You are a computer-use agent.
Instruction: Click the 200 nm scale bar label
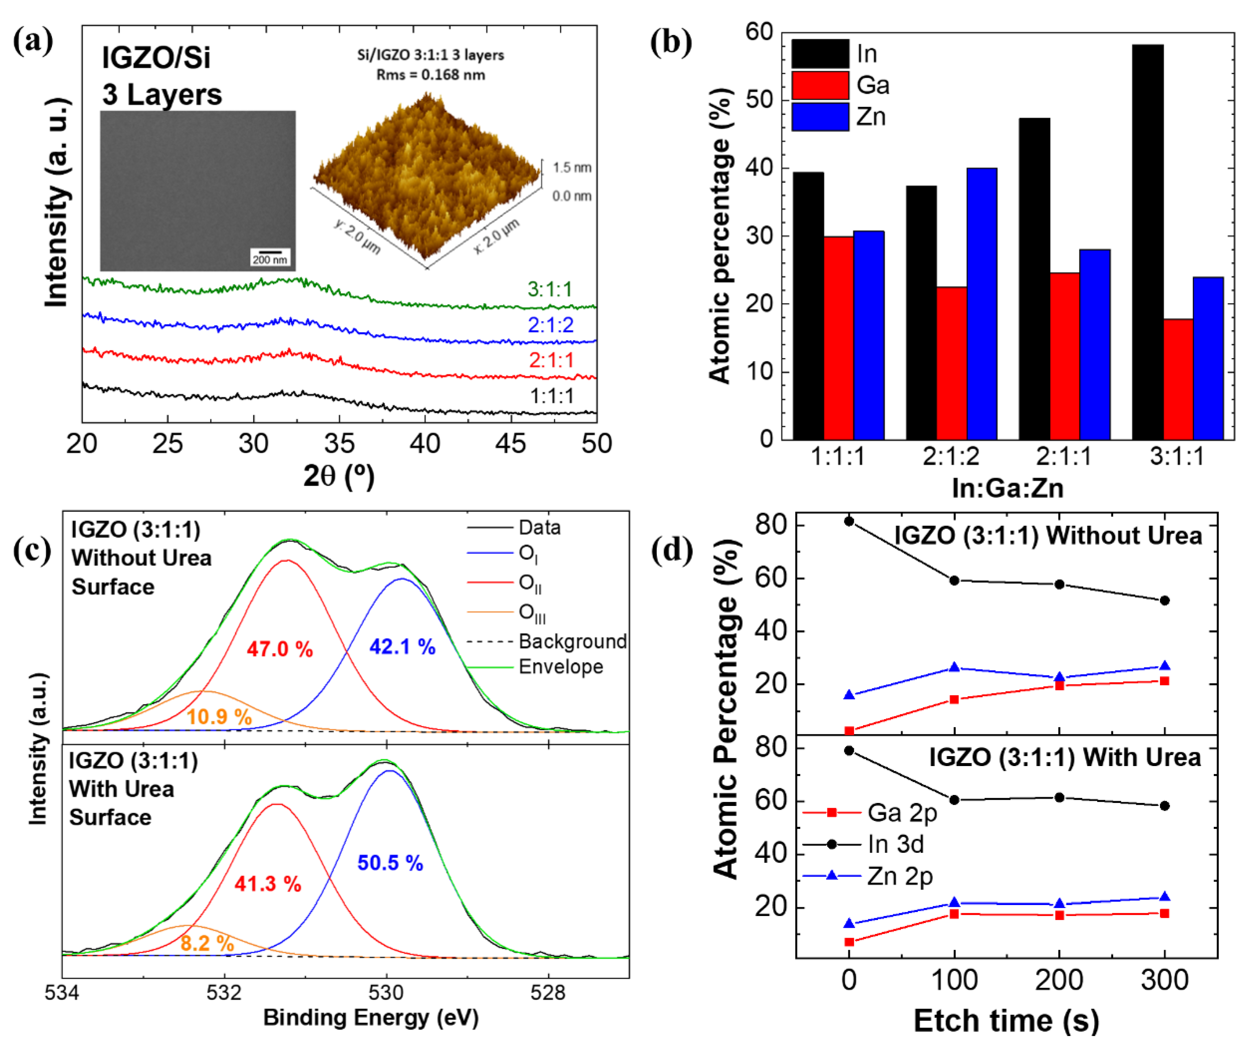click(x=270, y=259)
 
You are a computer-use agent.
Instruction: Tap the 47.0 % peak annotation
click(x=279, y=649)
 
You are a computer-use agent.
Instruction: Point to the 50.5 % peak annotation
click(x=390, y=862)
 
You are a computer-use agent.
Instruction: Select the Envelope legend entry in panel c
click(x=560, y=667)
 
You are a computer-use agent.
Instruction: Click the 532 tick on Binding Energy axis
click(x=224, y=992)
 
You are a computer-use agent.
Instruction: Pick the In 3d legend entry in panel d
click(x=895, y=844)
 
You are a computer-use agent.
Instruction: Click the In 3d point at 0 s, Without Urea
click(x=849, y=521)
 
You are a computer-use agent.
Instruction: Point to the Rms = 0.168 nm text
click(x=431, y=75)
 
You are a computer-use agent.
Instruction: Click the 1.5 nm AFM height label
click(x=572, y=168)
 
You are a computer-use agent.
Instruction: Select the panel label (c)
click(x=33, y=550)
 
